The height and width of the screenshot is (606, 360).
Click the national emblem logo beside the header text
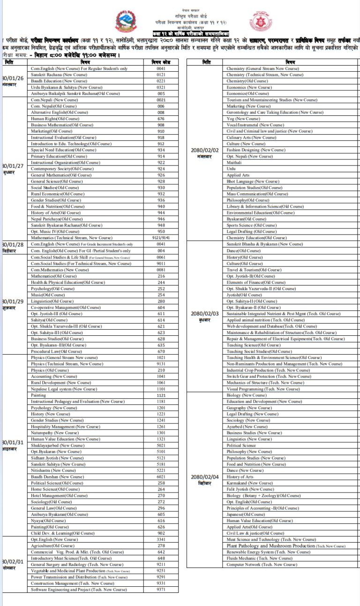(x=139, y=22)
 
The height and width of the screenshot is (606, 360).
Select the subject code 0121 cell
(x=161, y=75)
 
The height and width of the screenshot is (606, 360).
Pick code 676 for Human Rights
(x=161, y=119)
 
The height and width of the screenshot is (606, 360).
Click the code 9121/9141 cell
(x=161, y=238)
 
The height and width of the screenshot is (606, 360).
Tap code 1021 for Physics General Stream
(x=161, y=358)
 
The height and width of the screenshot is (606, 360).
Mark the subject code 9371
(x=161, y=590)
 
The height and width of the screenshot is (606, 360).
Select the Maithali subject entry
(x=234, y=162)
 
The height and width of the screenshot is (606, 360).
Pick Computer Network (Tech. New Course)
(x=262, y=564)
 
